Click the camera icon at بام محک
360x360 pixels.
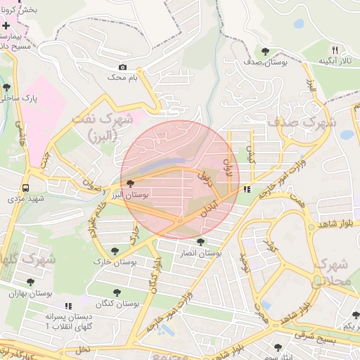[x=123, y=67]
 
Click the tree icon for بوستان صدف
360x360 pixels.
[x=265, y=51]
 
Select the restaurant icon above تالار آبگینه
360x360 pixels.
[x=335, y=51]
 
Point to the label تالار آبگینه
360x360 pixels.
[x=335, y=62]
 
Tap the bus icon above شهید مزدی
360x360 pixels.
[x=25, y=188]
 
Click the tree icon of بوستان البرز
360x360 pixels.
[x=130, y=184]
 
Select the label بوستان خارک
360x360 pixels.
[x=112, y=262]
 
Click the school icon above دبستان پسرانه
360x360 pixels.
[x=68, y=306]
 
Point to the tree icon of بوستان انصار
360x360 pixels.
[x=201, y=242]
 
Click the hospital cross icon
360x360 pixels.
[x=6, y=25]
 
